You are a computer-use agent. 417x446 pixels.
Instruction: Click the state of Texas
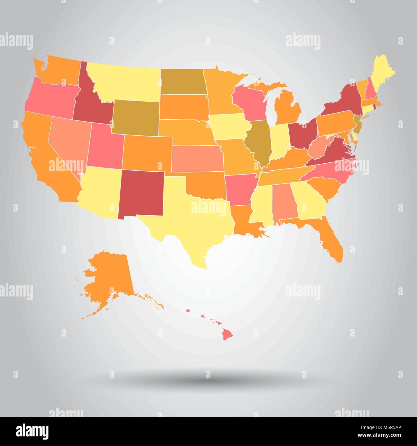pos(189,221)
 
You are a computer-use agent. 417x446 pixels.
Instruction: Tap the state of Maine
pos(384,66)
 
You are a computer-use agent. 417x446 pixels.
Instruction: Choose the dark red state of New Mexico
pos(141,194)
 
